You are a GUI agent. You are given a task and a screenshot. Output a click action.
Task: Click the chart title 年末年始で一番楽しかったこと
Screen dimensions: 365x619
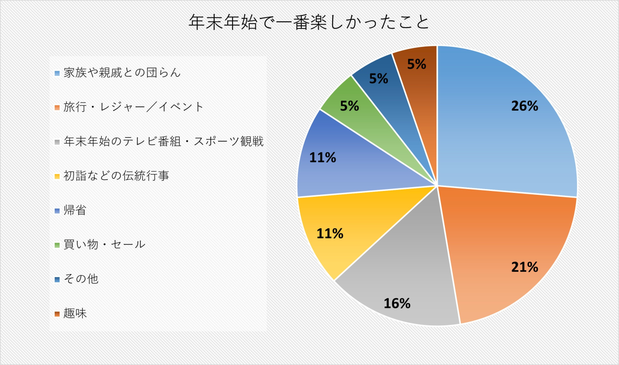pos(309,22)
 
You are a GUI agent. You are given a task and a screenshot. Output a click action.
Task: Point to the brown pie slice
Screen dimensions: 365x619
pos(417,82)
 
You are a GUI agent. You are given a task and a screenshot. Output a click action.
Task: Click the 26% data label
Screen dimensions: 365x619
pos(525,106)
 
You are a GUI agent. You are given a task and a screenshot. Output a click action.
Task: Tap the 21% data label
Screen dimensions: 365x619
pos(525,267)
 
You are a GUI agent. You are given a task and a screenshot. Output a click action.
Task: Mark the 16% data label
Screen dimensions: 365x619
pos(397,304)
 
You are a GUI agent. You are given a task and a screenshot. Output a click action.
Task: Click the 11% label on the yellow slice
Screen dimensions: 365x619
pos(330,234)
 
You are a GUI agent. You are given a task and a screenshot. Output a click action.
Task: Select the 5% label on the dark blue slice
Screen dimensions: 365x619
pos(379,79)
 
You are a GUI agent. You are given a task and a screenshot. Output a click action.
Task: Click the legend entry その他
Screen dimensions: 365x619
pos(81,279)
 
